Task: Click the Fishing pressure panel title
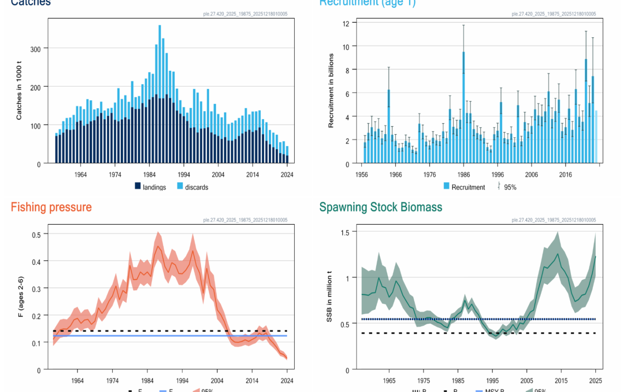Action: point(51,207)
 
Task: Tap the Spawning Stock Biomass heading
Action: point(380,207)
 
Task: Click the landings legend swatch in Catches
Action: point(137,186)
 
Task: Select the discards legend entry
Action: point(192,187)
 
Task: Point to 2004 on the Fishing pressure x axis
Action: point(217,381)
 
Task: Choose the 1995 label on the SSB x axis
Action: point(493,381)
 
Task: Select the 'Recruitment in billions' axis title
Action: point(331,90)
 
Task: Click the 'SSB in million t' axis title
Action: point(329,297)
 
